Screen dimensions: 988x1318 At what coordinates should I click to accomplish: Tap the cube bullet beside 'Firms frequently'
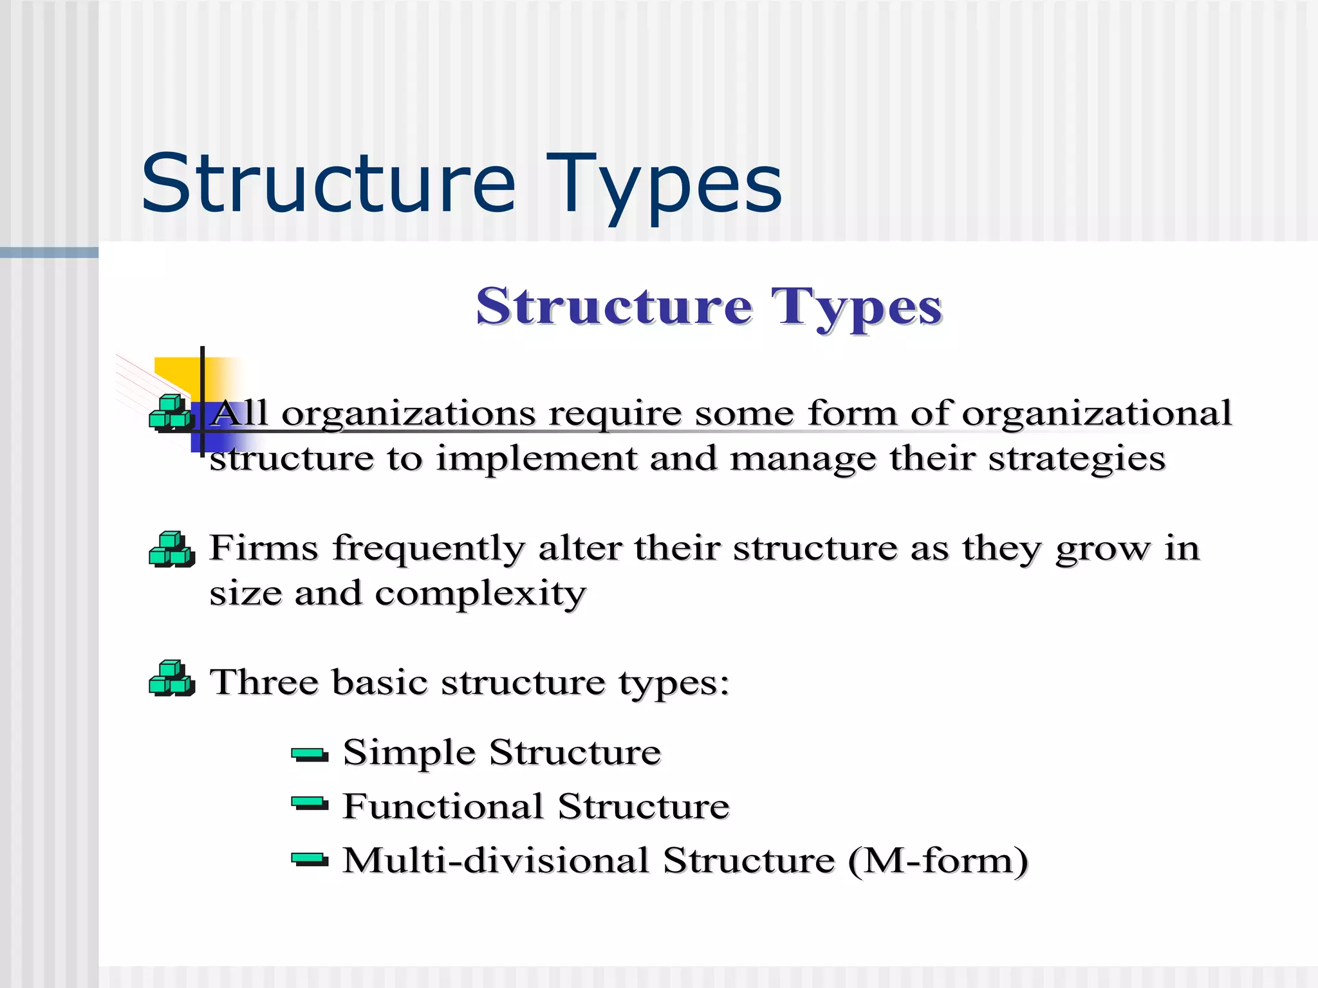pos(172,549)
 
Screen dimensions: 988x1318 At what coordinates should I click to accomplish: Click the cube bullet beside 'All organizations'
pos(171,413)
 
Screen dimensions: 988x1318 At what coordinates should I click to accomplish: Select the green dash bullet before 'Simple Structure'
pos(310,754)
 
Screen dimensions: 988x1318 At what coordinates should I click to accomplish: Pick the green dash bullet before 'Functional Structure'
pos(310,804)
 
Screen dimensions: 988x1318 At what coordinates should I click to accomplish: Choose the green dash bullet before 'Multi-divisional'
pos(310,859)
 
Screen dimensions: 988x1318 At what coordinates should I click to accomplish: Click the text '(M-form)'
pos(938,861)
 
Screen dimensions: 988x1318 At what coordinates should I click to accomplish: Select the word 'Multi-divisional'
pos(496,861)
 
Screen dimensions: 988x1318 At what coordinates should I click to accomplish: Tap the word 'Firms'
pos(264,549)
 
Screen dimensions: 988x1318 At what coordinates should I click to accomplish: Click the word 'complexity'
pos(480,594)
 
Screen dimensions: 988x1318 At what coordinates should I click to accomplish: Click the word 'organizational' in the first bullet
pos(1096,414)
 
